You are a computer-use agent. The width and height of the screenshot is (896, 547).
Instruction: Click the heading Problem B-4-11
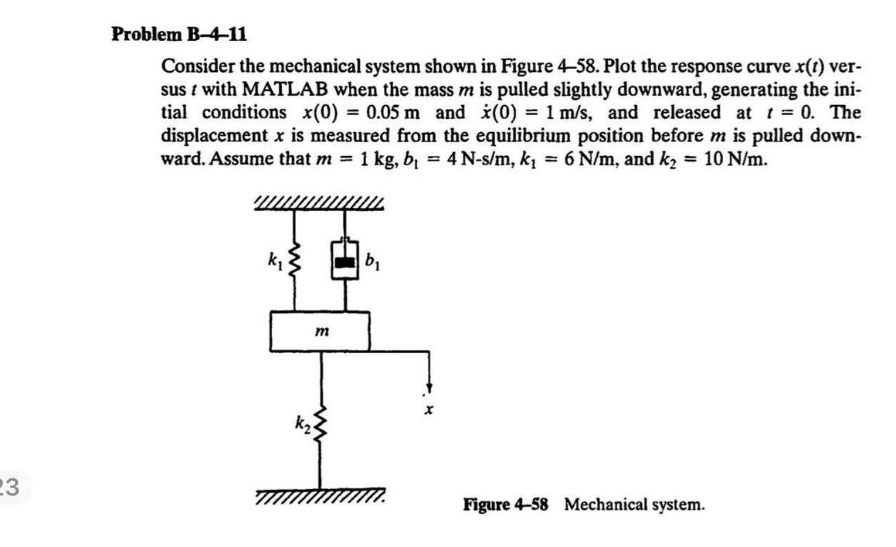179,34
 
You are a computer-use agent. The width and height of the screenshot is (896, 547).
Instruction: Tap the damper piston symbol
344,260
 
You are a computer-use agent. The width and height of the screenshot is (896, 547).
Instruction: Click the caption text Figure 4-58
506,505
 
